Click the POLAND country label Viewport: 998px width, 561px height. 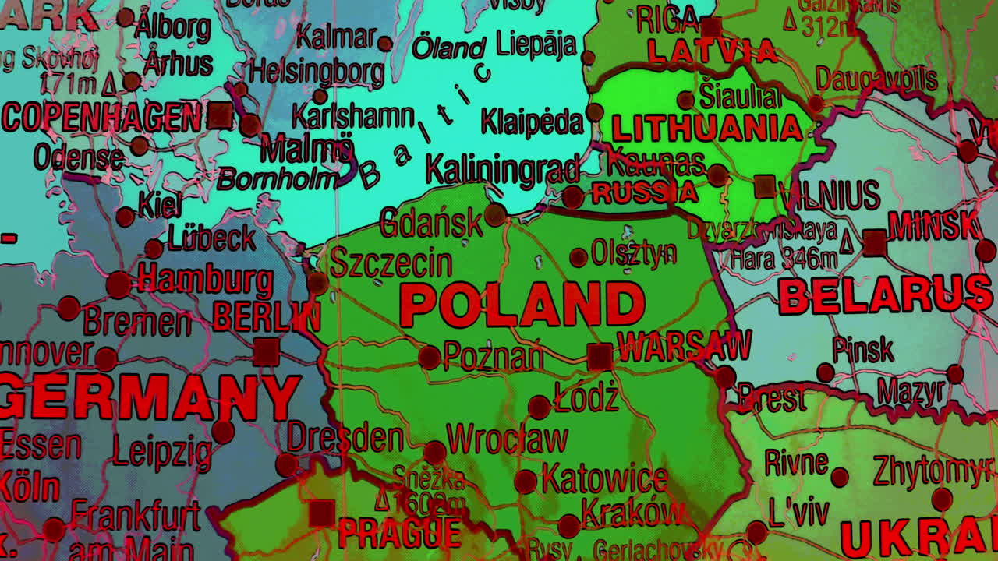522,304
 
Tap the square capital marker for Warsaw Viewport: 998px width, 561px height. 600,356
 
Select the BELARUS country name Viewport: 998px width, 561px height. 885,297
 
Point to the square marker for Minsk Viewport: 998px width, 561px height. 875,242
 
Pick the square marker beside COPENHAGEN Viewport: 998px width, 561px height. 220,116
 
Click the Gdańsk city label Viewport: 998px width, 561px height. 430,224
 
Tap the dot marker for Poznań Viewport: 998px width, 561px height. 429,358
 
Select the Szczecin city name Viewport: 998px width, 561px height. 391,263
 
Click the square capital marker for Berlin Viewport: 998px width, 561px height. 266,351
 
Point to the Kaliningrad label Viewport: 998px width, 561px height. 502,169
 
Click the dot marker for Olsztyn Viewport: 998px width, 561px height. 578,257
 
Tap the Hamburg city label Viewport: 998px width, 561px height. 206,279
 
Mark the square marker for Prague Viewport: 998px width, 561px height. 320,513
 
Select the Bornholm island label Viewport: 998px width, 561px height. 277,179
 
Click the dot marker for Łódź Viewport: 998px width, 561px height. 539,407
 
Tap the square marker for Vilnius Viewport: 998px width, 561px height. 765,186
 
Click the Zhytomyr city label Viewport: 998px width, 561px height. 934,470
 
